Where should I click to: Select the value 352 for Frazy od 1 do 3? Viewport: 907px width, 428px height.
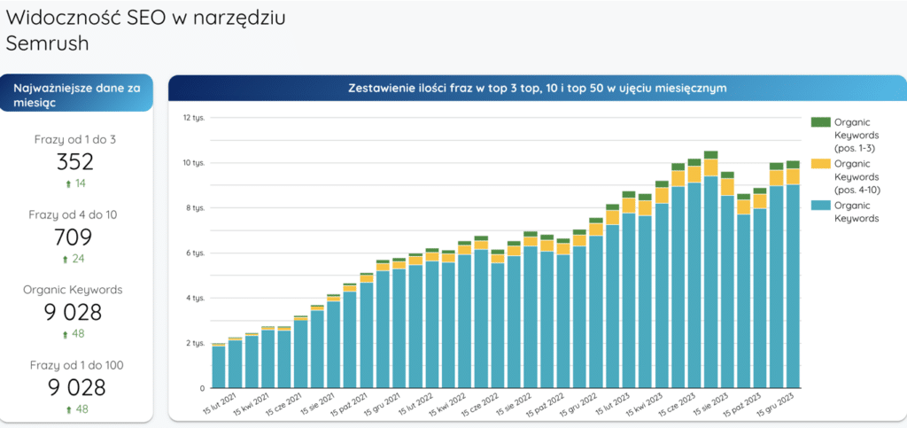point(74,162)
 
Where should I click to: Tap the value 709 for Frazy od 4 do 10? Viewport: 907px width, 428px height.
point(74,237)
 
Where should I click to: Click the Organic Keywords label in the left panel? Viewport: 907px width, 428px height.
point(74,290)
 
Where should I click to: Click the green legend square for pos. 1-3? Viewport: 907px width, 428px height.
point(820,121)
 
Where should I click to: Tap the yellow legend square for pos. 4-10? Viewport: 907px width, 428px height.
point(820,163)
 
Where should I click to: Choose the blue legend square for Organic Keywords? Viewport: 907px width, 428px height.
point(820,205)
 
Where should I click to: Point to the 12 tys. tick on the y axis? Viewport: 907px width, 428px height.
point(194,117)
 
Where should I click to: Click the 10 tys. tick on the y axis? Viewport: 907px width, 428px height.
point(194,162)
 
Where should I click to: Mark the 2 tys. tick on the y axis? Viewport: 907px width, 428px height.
point(194,343)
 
